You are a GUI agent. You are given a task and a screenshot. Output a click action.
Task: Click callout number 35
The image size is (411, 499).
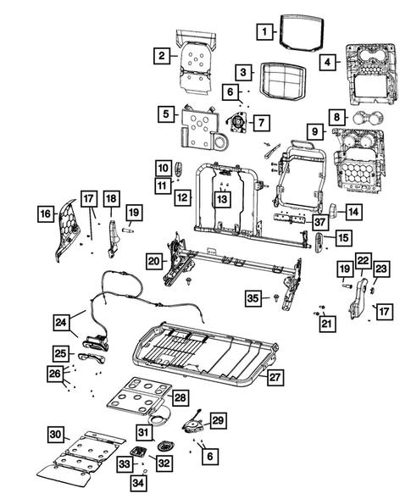253,297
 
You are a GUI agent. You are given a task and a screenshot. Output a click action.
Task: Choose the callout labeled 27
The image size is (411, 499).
273,378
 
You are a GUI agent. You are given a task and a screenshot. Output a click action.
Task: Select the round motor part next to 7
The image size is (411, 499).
237,124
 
